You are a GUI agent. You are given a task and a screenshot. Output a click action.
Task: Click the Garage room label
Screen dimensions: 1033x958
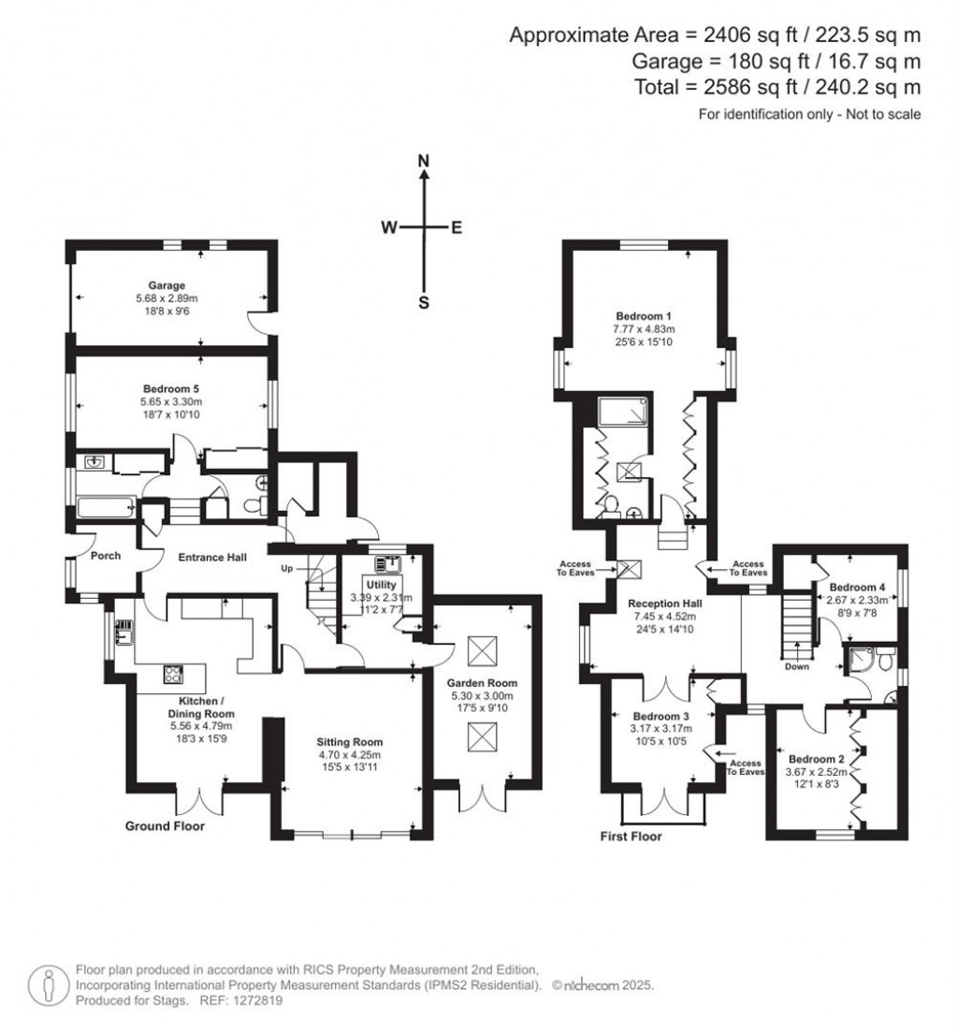tap(167, 285)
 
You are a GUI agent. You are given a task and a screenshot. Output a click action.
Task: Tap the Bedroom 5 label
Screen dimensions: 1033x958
tap(171, 388)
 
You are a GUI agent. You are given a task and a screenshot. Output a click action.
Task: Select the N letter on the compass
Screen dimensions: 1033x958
tap(424, 161)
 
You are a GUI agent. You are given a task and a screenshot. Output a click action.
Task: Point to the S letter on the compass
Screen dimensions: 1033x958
tap(424, 301)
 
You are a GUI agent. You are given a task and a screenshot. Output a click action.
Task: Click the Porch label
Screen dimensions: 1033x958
tap(106, 556)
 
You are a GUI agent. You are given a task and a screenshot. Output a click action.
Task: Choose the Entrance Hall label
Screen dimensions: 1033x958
tap(212, 558)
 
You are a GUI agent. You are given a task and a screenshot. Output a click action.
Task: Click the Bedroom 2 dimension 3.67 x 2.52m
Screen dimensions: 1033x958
tap(816, 773)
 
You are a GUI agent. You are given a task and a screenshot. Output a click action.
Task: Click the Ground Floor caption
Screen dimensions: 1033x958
tap(165, 826)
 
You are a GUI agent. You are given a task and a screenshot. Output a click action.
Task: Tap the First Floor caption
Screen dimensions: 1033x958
tap(631, 837)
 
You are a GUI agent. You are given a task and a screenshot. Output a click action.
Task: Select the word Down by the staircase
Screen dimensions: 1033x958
tap(797, 667)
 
